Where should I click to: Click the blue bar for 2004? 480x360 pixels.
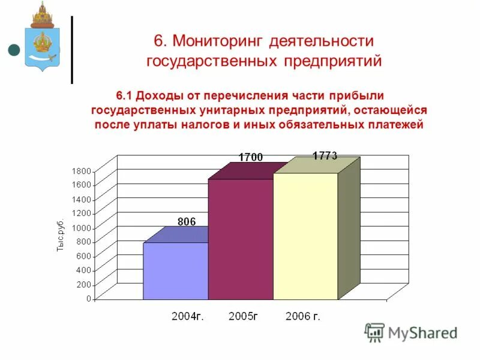pyautogui.click(x=175, y=271)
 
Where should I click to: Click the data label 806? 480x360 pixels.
pyautogui.click(x=187, y=221)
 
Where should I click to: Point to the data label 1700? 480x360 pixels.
pyautogui.click(x=250, y=157)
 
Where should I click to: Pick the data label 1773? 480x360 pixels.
pyautogui.click(x=325, y=156)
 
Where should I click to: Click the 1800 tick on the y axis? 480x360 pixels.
pyautogui.click(x=82, y=171)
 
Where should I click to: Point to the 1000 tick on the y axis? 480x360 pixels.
pyautogui.click(x=82, y=227)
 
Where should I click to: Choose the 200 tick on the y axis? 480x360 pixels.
pyautogui.click(x=84, y=284)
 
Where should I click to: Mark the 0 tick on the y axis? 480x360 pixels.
pyautogui.click(x=89, y=298)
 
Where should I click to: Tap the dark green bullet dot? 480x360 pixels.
pyautogui.click(x=14, y=50)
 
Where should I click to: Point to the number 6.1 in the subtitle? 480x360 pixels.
pyautogui.click(x=124, y=96)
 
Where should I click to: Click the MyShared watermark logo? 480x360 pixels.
pyautogui.click(x=410, y=332)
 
